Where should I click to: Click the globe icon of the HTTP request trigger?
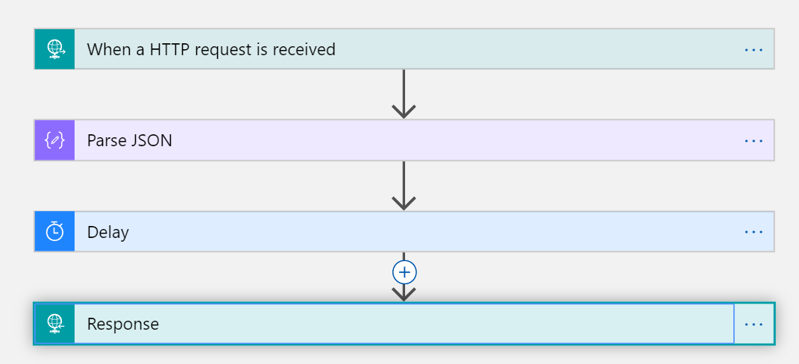(x=54, y=49)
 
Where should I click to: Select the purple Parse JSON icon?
(x=54, y=140)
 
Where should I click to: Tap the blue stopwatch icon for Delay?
(x=54, y=232)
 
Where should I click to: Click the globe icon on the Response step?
(x=54, y=324)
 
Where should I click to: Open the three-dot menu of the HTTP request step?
(x=753, y=49)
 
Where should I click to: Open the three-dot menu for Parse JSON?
(x=753, y=140)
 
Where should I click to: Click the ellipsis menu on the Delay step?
(x=753, y=232)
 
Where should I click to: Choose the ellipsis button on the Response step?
(x=753, y=324)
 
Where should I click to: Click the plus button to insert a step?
(x=404, y=272)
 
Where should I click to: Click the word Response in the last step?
(x=123, y=324)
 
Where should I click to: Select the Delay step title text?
(x=108, y=233)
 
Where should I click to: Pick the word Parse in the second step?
(x=106, y=140)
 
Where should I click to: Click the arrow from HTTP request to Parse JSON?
(x=404, y=94)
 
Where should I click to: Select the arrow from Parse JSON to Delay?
(x=404, y=186)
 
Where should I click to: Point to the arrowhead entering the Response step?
(x=404, y=293)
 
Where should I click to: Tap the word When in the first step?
(x=107, y=50)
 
